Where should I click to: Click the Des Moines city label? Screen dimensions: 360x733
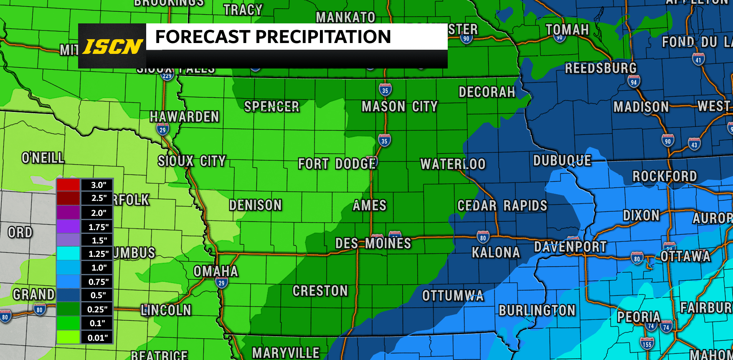[373, 243]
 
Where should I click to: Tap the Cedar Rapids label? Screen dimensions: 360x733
[502, 205]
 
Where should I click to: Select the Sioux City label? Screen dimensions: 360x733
[192, 161]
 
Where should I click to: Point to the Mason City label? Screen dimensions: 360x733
[400, 106]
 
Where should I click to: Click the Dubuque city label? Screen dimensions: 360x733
[562, 160]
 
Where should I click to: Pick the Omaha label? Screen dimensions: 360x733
[216, 271]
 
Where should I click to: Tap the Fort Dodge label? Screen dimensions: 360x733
[337, 164]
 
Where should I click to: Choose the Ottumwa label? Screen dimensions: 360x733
[453, 296]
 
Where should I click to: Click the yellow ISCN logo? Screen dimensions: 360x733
[112, 46]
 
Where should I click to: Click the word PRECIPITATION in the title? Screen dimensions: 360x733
[323, 37]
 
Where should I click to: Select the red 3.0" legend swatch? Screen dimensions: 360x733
[68, 185]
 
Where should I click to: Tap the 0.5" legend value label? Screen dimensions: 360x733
[98, 295]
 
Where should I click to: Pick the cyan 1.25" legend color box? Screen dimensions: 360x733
[68, 254]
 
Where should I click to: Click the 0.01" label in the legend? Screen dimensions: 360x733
[98, 337]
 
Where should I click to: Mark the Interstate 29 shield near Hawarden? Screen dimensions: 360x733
[162, 129]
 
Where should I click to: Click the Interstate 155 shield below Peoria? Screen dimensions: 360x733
[647, 344]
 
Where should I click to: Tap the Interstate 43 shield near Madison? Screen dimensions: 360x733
[694, 145]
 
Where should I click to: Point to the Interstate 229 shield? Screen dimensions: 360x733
[167, 76]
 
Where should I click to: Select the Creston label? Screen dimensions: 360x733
[320, 291]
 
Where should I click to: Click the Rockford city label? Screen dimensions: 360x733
[665, 176]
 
